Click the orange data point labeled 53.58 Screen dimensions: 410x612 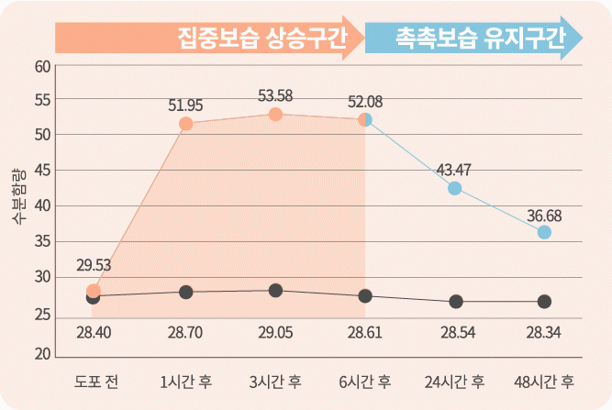pos(275,115)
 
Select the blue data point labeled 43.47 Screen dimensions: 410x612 pos(455,188)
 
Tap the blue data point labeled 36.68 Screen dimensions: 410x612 pos(545,232)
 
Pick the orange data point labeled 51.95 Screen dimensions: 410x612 pos(185,124)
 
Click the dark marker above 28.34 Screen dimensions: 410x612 pos(545,302)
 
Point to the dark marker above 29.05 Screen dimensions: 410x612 pos(275,291)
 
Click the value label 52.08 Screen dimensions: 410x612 pos(365,101)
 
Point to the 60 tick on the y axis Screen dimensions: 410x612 pos(42,66)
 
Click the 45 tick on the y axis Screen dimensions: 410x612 pos(42,172)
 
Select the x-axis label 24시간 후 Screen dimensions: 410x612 pos(455,380)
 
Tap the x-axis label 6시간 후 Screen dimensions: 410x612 pos(365,380)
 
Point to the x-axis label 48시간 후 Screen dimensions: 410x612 pos(545,380)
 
